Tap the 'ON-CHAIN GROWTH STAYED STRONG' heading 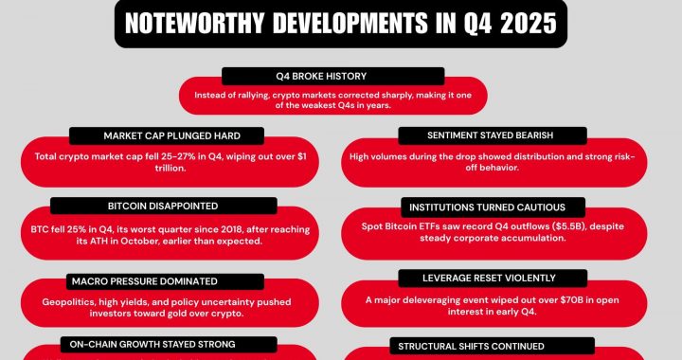tap(147, 344)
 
